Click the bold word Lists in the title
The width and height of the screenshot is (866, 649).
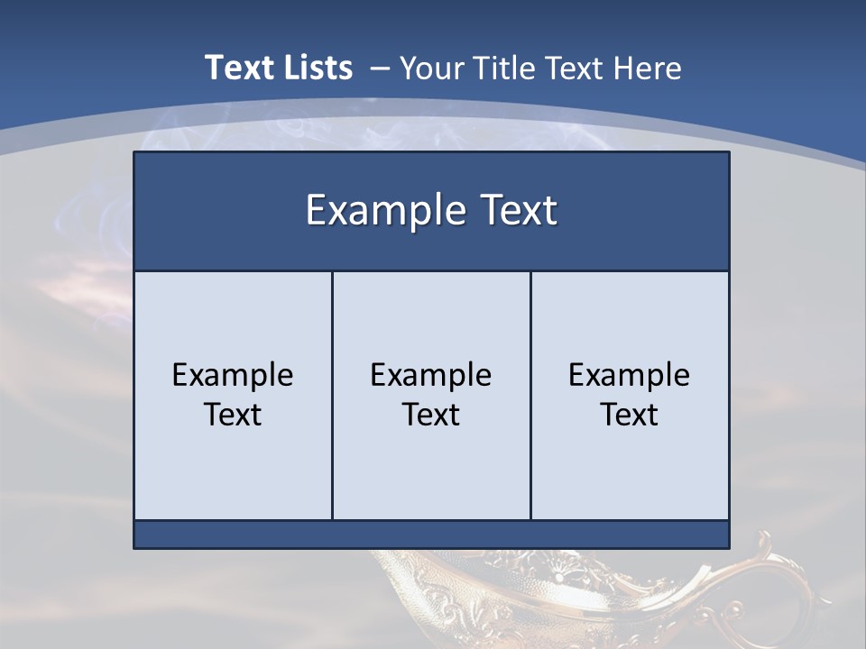coord(317,68)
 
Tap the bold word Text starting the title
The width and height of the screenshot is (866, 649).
coord(236,68)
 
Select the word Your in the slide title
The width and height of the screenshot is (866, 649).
coord(428,69)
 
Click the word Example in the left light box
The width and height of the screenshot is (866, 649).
coord(233,375)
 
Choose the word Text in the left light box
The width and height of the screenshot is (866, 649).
coord(233,415)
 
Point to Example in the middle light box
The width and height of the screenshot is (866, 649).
coord(431,375)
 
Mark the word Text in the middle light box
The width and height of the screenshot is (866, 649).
coord(431,415)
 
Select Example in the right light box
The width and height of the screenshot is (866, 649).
coord(629,375)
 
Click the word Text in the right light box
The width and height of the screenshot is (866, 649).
coord(629,415)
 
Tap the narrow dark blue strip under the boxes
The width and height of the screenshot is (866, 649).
coord(431,535)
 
